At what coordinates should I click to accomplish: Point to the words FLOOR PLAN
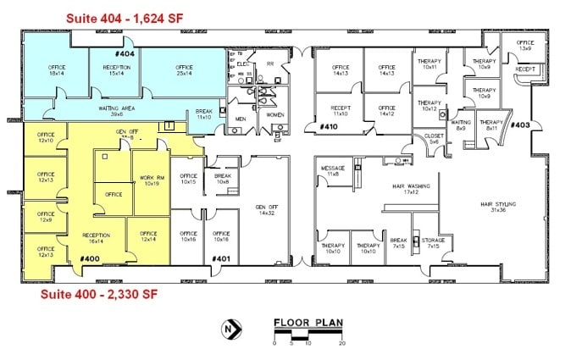308,323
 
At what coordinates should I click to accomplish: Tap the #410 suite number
328,127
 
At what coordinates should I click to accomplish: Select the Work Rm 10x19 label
151,180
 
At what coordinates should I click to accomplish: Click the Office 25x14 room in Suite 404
185,70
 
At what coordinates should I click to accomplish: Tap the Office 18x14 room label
57,71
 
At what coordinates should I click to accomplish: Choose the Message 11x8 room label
333,171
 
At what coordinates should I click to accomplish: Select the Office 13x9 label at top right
525,45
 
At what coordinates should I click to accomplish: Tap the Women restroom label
275,114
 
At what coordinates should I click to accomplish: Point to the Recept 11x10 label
341,111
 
